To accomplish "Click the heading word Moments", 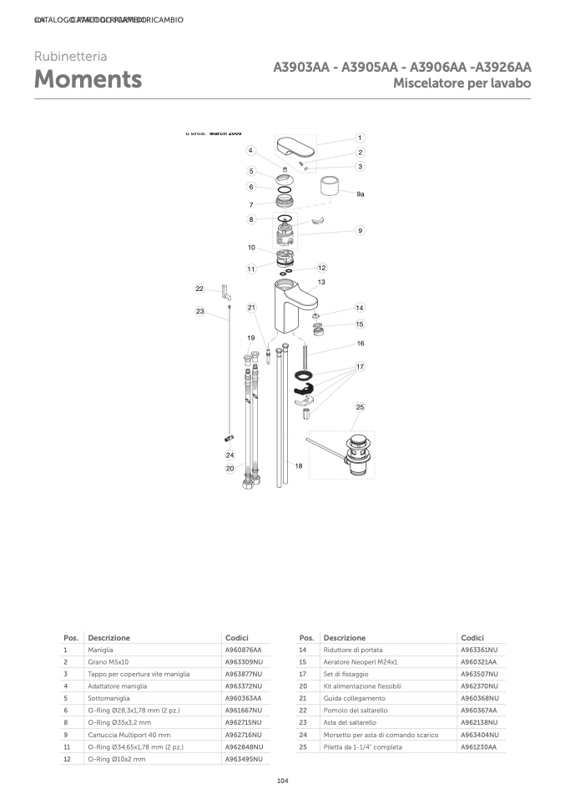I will pyautogui.click(x=88, y=80).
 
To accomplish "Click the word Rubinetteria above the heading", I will pyautogui.click(x=70, y=57).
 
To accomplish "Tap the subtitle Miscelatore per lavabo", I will pyautogui.click(x=462, y=84).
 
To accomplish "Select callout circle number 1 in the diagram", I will pyautogui.click(x=359, y=138).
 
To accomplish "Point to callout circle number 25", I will pyautogui.click(x=360, y=407).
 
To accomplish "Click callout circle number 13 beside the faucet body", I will pyautogui.click(x=320, y=283).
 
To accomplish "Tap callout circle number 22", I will pyautogui.click(x=199, y=289).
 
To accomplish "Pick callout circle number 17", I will pyautogui.click(x=360, y=366).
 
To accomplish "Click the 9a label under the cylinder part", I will pyautogui.click(x=361, y=193).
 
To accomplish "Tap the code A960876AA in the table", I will pyautogui.click(x=243, y=650).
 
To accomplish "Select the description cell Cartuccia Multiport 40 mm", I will pyautogui.click(x=129, y=735).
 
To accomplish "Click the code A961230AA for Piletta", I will pyautogui.click(x=478, y=747).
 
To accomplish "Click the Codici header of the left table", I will pyautogui.click(x=236, y=637).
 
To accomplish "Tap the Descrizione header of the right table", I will pyautogui.click(x=344, y=637).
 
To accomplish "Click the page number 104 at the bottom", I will pyautogui.click(x=282, y=781).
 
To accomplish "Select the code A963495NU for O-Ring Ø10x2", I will pyautogui.click(x=244, y=760).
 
